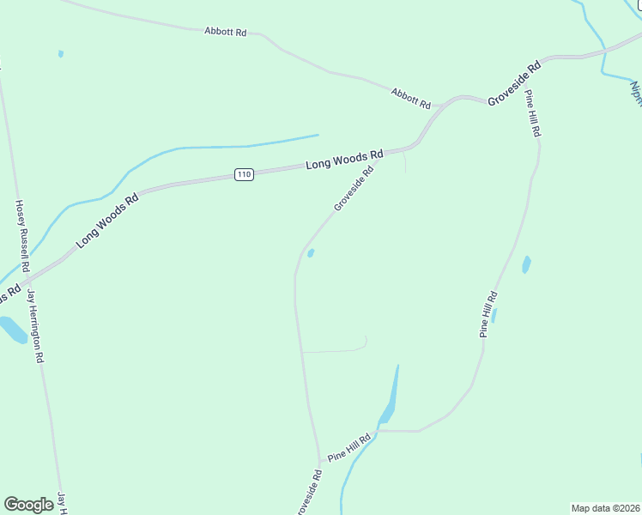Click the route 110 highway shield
[245, 175]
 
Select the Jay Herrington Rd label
[35, 326]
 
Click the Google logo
[29, 505]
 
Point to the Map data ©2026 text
[605, 508]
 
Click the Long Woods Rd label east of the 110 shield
[344, 160]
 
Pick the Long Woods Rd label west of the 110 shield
[107, 221]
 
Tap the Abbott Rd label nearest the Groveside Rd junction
[410, 98]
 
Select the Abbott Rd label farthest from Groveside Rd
[226, 32]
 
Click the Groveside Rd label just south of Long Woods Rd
[354, 188]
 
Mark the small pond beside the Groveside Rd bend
[311, 252]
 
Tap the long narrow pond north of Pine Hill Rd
[391, 400]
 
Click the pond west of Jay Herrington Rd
[12, 330]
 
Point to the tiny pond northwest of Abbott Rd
[61, 54]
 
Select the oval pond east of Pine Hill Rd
[526, 264]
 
